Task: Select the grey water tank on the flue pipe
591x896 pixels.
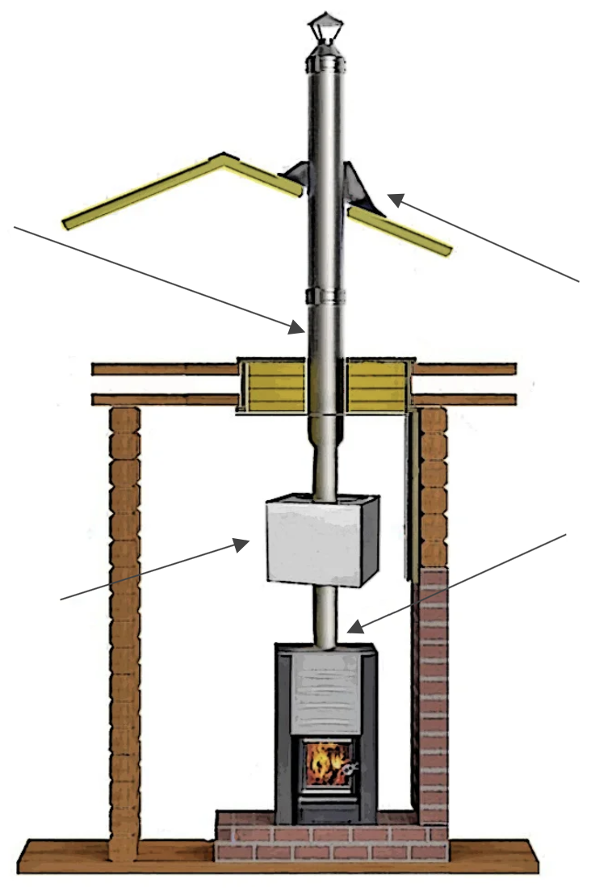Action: point(315,540)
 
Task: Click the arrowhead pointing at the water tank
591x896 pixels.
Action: point(241,544)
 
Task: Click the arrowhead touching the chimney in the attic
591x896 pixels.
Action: point(298,327)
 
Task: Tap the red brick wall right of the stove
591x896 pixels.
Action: point(432,687)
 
